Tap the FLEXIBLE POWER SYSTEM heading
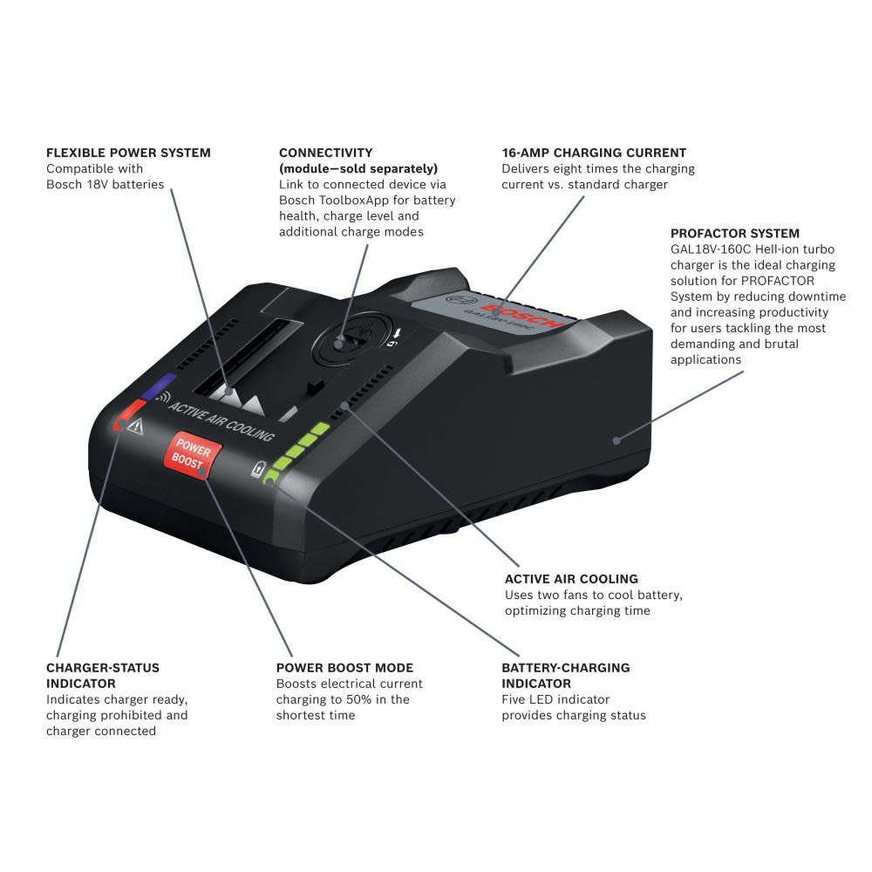tap(128, 153)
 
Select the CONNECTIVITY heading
tap(325, 153)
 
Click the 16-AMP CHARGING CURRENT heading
tap(594, 153)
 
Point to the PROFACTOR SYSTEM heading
tap(735, 234)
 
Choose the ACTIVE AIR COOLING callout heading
tap(571, 579)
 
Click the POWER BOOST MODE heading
tap(344, 668)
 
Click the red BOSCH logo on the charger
tap(528, 314)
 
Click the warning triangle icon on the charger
tap(134, 426)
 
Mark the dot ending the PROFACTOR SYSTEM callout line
tap(617, 440)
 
